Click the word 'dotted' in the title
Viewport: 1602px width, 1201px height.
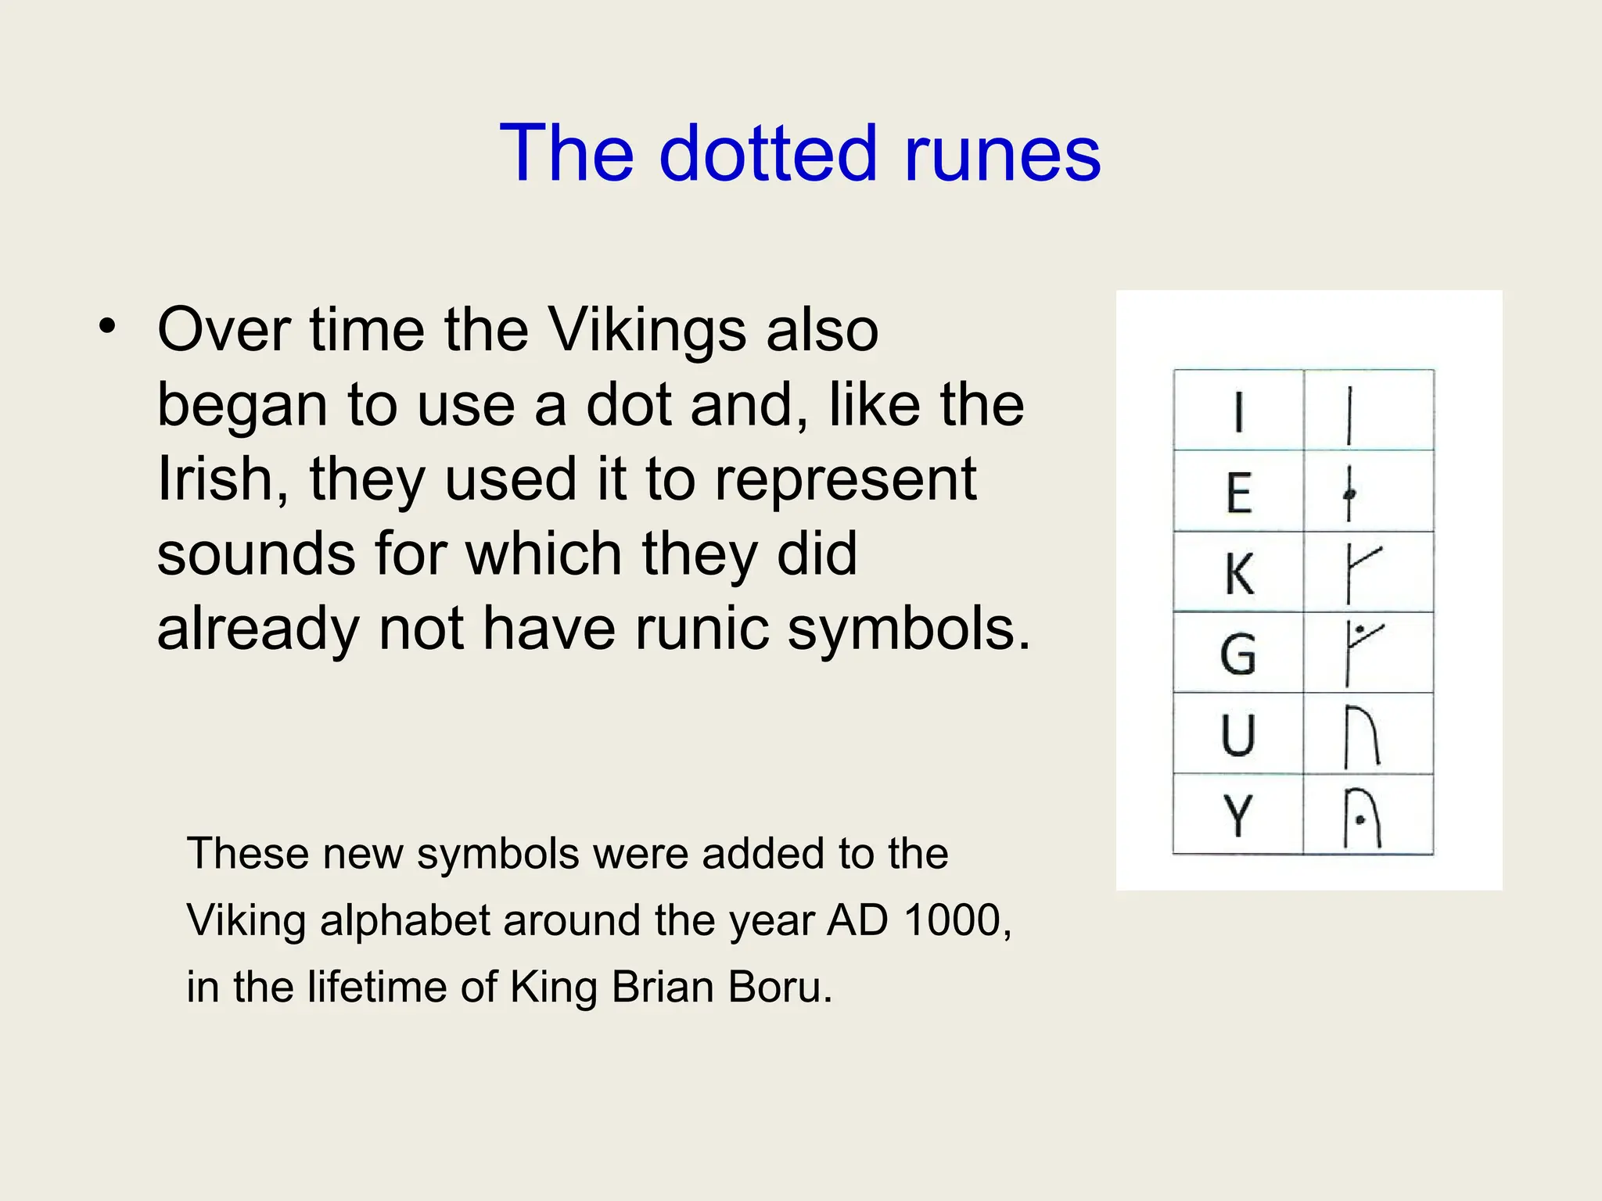point(768,153)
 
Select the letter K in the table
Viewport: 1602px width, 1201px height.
point(1239,574)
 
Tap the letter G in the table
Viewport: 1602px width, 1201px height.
point(1238,654)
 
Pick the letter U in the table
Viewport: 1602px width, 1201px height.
point(1238,736)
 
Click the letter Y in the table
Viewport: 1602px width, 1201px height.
point(1238,816)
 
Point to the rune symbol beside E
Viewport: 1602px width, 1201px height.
point(1349,493)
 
